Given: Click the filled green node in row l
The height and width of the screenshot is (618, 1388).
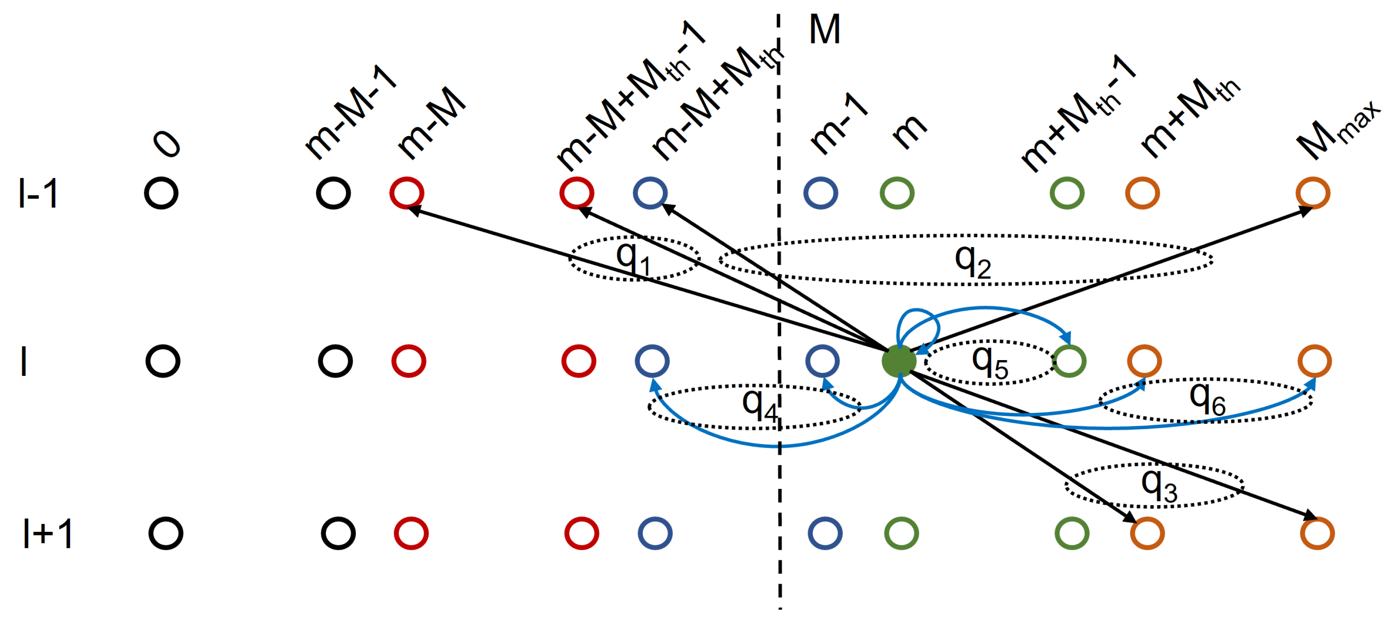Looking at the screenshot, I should pyautogui.click(x=899, y=361).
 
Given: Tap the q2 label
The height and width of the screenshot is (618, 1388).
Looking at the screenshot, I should pyautogui.click(x=972, y=262).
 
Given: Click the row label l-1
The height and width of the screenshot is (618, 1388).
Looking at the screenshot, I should pyautogui.click(x=38, y=194).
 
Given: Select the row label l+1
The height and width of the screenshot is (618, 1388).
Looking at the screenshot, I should pyautogui.click(x=47, y=533).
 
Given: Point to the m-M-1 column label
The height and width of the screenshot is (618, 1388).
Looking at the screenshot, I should pyautogui.click(x=350, y=113).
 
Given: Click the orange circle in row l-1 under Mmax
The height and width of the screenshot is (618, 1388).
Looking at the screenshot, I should pyautogui.click(x=1312, y=193).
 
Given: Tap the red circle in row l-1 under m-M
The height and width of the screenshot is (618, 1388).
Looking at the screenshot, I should pyautogui.click(x=407, y=193).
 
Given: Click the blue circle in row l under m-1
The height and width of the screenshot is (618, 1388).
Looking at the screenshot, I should pyautogui.click(x=822, y=361).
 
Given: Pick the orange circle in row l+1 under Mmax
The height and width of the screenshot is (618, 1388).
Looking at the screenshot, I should pyautogui.click(x=1317, y=533).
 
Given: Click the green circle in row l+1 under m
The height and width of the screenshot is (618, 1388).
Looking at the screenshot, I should pyautogui.click(x=902, y=533).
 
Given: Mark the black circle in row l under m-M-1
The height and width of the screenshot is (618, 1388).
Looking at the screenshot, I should pyautogui.click(x=335, y=361).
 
